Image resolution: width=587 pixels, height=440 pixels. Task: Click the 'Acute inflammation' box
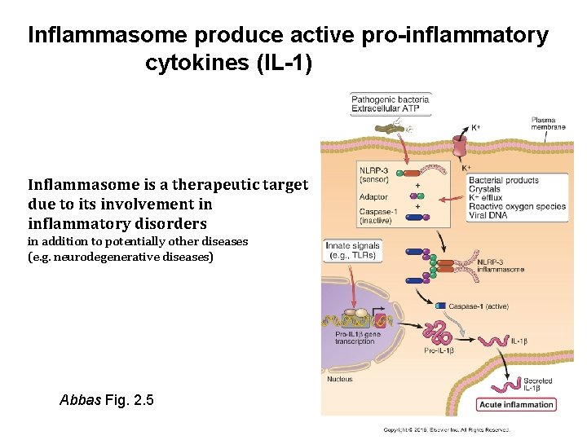(517, 404)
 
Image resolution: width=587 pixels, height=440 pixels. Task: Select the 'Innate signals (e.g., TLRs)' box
(352, 250)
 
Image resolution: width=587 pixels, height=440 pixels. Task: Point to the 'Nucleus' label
(340, 379)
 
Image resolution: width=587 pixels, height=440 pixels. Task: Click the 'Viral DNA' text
(488, 215)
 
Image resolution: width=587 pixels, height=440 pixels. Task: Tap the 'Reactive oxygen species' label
(517, 206)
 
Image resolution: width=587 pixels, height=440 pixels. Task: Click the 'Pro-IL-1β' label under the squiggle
(440, 350)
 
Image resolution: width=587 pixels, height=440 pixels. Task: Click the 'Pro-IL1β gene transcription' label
(358, 337)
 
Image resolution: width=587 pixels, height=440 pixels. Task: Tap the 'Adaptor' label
(373, 196)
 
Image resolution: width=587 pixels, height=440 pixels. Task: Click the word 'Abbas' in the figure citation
(81, 400)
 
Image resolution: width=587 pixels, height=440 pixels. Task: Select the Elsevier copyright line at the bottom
(447, 429)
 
